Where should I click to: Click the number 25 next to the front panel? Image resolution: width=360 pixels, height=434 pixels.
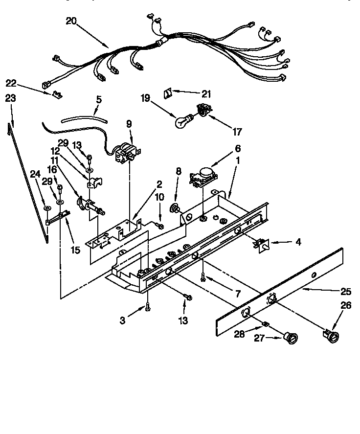(x=346, y=292)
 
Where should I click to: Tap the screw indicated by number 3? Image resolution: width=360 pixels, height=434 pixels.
(x=148, y=307)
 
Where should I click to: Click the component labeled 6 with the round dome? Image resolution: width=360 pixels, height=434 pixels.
(x=204, y=176)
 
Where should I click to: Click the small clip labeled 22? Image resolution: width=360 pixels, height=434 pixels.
(x=57, y=93)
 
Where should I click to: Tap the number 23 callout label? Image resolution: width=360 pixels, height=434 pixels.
(x=10, y=98)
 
